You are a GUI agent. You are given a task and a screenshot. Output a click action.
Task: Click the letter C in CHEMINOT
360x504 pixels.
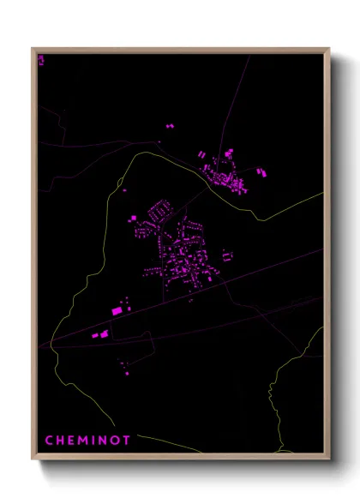pos(49,441)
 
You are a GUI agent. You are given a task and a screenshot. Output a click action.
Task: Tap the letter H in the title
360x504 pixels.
pos(61,441)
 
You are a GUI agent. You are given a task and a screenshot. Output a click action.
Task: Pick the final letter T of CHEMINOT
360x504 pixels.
pos(127,441)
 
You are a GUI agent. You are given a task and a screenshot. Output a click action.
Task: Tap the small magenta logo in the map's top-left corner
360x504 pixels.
pos(40,59)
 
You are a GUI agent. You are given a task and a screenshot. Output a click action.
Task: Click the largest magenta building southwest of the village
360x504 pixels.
pos(117,310)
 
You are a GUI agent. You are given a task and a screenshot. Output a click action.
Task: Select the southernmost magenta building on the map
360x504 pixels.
pos(129,373)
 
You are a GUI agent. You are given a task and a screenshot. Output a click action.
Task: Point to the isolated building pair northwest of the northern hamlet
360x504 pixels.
pos(169,127)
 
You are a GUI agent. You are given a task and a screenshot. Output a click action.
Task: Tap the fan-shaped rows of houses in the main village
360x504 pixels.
pos(158,211)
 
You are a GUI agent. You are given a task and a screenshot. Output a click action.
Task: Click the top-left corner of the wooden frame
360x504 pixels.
pos(33,49)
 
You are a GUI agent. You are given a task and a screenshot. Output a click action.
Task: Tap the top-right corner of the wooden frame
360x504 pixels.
pos(328,49)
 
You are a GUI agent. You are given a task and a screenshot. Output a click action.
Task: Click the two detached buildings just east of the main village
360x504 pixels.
pos(226,255)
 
